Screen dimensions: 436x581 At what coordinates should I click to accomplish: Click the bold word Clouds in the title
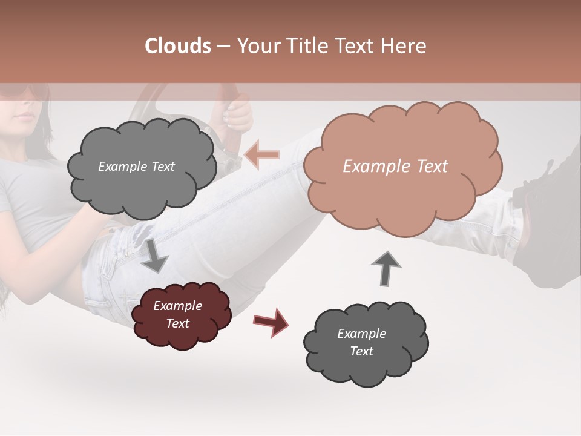(178, 46)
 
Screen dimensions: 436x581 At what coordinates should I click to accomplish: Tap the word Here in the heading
(404, 46)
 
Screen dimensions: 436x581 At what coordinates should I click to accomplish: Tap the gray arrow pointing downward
(156, 255)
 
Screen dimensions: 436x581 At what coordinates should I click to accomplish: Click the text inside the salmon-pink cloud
(395, 167)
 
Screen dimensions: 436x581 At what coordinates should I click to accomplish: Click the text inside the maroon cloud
(178, 314)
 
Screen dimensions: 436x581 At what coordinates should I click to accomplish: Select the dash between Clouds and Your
(223, 47)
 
